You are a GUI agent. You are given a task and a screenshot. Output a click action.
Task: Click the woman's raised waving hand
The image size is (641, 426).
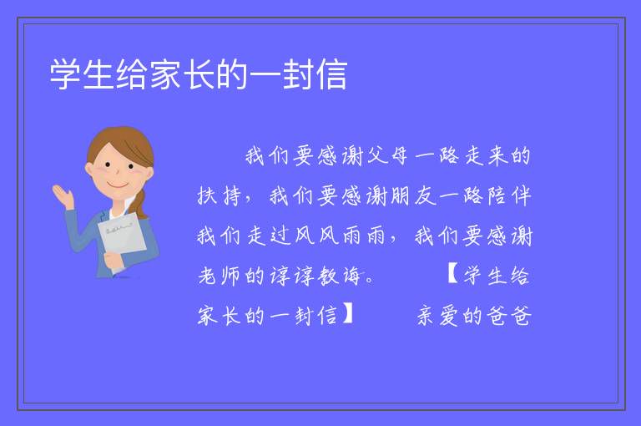pos(63,196)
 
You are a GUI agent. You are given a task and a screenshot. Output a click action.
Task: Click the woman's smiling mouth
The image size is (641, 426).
pos(118,185)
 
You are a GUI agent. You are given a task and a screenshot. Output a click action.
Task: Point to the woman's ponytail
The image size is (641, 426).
pos(140,203)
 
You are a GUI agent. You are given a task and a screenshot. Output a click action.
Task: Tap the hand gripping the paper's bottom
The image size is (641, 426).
pos(112,261)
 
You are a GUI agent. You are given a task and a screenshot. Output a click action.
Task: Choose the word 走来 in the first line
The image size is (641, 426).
pos(485,156)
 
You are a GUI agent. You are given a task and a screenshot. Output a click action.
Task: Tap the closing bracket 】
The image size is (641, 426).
pos(347,314)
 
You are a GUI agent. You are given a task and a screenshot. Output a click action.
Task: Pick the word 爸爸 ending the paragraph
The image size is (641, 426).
pos(510,316)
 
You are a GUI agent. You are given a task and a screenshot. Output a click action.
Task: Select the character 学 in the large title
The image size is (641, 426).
pos(65,74)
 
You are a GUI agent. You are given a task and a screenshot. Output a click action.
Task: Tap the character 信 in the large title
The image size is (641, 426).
pos(331,74)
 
